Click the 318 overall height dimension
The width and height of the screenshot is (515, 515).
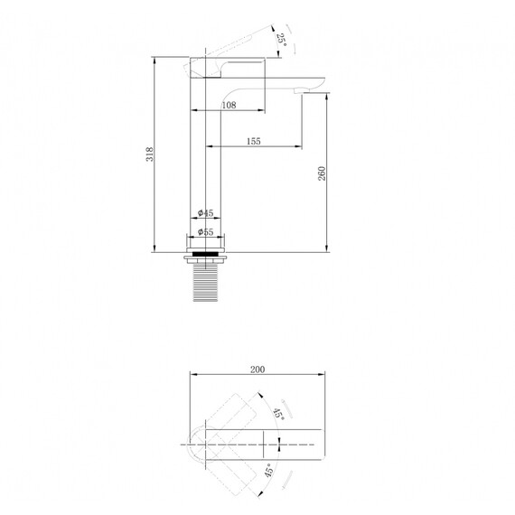pos(150,154)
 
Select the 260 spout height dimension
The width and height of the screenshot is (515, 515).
pos(322,173)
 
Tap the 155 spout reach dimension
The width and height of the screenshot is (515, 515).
pos(254,141)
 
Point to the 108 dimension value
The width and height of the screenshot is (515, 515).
pos(229,105)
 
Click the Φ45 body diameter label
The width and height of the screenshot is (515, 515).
pos(206,213)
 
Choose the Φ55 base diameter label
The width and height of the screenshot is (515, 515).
pos(206,232)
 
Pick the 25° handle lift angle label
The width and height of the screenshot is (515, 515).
pos(282,40)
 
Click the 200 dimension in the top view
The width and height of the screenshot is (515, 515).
pos(257,370)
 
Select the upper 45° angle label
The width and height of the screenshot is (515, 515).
pos(279,414)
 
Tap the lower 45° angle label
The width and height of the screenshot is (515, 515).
pos(268,471)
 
